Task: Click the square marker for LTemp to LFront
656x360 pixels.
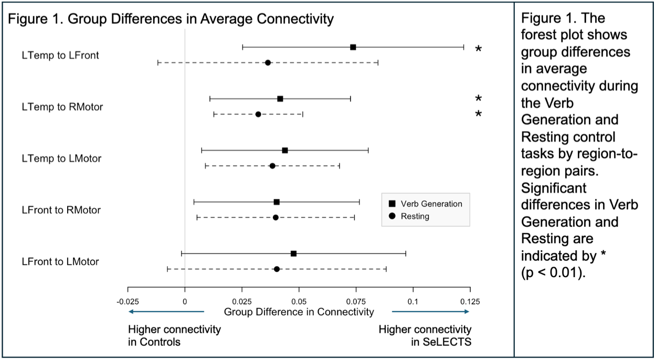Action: tap(353, 47)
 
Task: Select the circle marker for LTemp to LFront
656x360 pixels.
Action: tap(268, 62)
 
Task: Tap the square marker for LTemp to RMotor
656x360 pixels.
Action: tap(280, 99)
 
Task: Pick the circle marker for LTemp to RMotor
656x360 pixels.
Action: tap(258, 114)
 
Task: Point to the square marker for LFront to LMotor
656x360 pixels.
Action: tap(293, 253)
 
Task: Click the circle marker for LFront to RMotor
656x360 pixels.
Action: tap(276, 217)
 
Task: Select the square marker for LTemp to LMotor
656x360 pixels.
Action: tap(285, 150)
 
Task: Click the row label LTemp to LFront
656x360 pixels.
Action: tap(60, 55)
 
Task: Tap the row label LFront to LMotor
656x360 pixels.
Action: tap(60, 261)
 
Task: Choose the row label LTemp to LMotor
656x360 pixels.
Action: tap(61, 158)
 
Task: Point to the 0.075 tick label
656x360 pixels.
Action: tap(356, 302)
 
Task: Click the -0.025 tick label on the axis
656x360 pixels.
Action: tap(128, 302)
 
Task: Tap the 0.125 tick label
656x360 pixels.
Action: tap(470, 302)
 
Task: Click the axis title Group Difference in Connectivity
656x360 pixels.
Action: tap(299, 312)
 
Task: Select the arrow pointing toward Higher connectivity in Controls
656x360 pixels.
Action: tap(166, 312)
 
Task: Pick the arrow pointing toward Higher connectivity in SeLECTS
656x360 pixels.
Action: tap(431, 312)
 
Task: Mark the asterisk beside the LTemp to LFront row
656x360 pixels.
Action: tap(478, 49)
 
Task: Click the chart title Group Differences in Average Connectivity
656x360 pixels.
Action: tap(171, 20)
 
